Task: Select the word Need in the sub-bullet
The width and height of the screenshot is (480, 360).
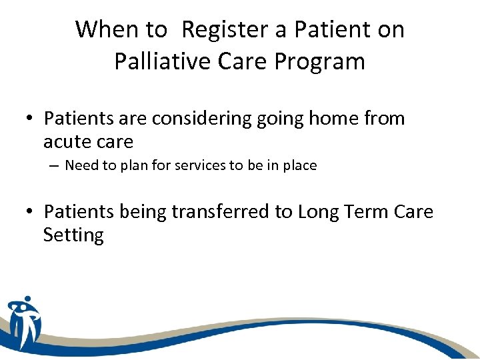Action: (x=82, y=165)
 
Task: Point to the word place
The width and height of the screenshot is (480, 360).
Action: (x=298, y=166)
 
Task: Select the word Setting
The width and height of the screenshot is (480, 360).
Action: (x=73, y=236)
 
